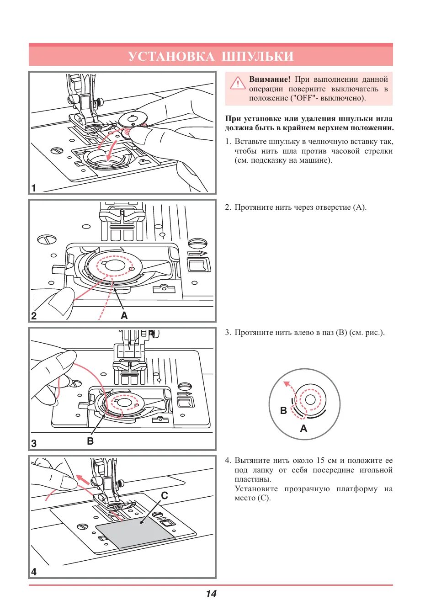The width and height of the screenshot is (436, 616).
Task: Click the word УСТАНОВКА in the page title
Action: (171, 56)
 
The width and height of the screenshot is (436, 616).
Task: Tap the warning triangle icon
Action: (238, 83)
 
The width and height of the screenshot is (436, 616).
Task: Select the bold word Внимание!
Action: (270, 79)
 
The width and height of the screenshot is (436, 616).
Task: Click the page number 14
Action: (211, 594)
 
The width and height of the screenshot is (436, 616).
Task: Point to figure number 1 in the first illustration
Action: (34, 188)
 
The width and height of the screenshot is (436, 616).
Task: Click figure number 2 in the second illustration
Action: (34, 315)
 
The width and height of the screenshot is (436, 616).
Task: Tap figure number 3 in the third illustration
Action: (34, 443)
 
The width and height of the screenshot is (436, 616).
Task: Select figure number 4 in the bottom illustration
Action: (34, 571)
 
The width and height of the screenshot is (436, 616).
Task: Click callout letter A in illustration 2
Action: (124, 315)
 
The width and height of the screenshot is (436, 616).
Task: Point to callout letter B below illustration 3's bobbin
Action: (90, 441)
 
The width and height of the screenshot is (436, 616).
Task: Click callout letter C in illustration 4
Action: (165, 495)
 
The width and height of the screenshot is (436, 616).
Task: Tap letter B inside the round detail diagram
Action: (283, 410)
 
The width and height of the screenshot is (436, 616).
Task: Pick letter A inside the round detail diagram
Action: (303, 429)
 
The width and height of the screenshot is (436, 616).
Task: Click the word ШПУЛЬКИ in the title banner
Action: (257, 56)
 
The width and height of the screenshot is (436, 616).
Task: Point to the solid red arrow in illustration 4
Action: (83, 479)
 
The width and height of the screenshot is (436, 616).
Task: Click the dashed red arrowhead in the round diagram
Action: (286, 384)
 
